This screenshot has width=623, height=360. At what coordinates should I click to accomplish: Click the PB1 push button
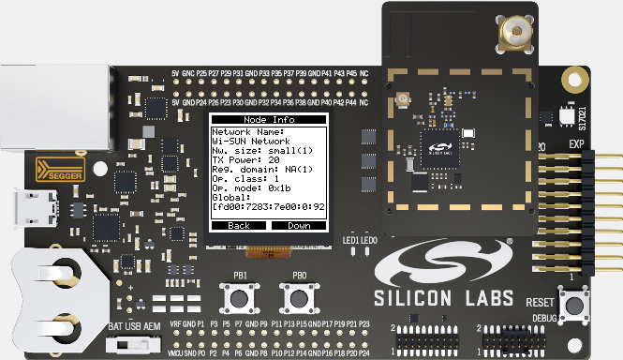(241, 299)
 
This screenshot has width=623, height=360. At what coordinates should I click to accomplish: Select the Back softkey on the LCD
(239, 226)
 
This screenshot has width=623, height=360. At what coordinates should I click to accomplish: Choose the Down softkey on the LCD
(299, 226)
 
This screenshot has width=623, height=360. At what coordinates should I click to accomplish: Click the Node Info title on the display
(269, 120)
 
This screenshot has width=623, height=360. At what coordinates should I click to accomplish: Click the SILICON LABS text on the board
(445, 298)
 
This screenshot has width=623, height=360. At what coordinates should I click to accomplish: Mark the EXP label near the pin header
(577, 144)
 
